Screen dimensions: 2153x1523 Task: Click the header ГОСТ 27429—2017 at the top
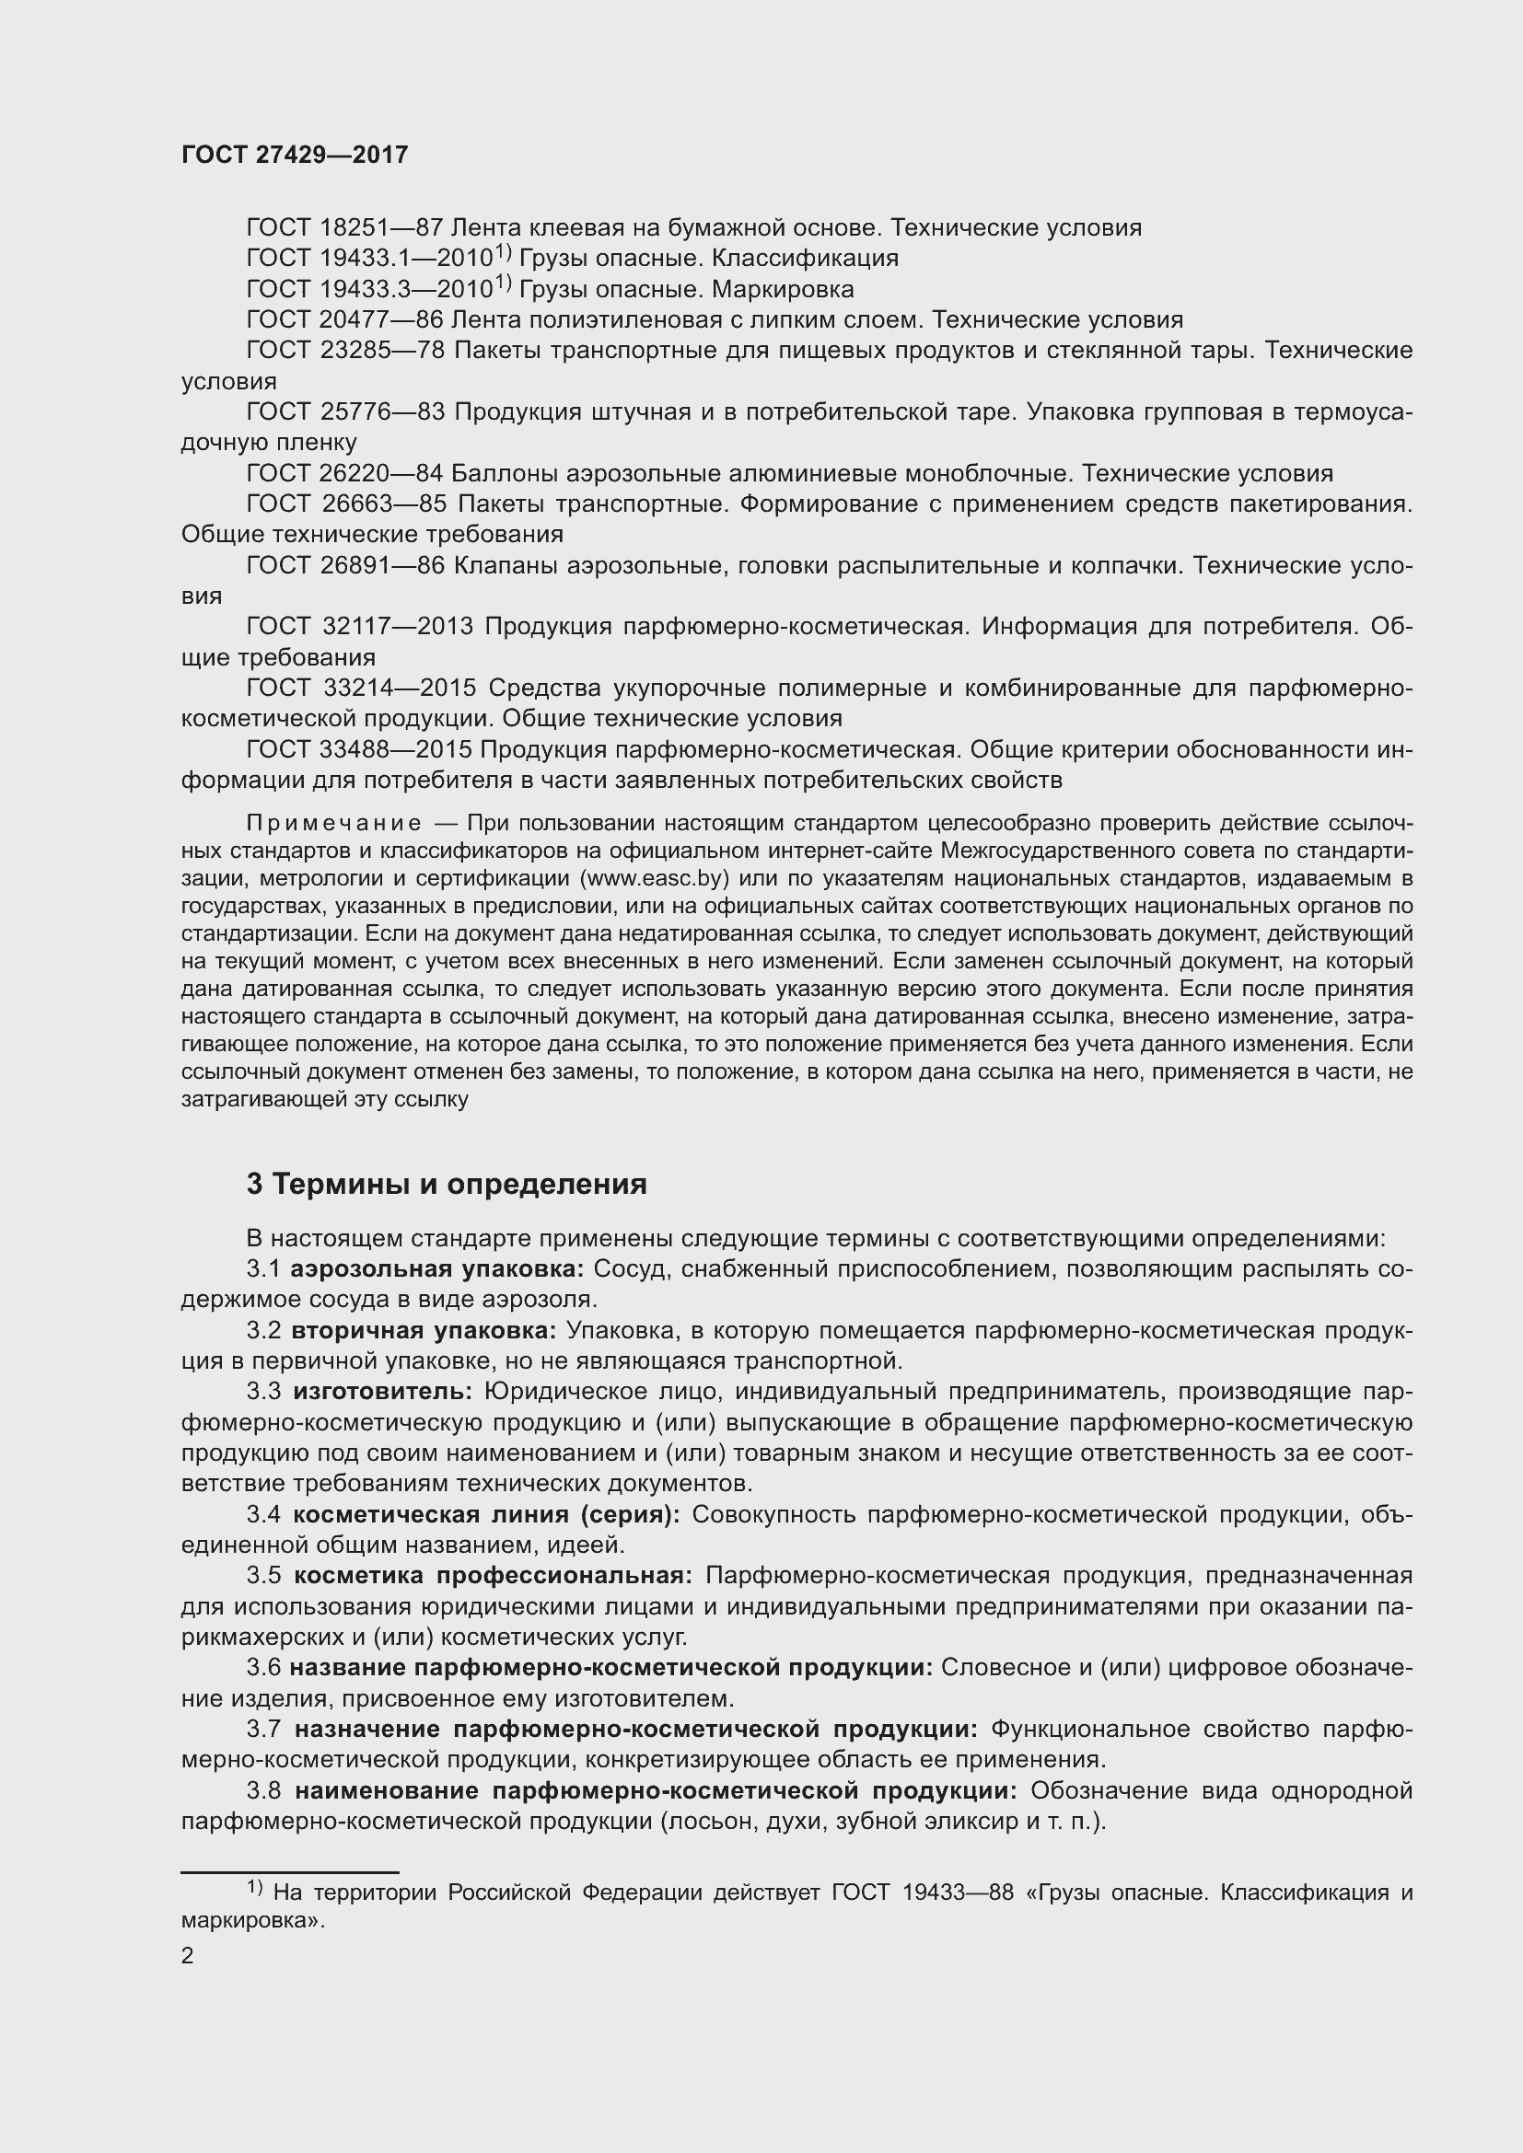coord(295,155)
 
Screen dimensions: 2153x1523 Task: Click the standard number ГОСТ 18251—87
coord(344,228)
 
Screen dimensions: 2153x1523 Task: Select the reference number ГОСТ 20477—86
coord(344,319)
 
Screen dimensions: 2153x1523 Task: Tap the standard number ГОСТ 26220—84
coord(344,473)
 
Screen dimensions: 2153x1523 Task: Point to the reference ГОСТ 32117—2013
coord(359,627)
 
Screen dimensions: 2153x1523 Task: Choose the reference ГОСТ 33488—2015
coord(359,749)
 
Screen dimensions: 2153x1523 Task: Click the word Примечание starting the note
coord(333,824)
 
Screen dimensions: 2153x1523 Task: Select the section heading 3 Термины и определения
coord(447,1185)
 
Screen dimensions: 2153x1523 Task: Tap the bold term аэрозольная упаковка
coord(437,1269)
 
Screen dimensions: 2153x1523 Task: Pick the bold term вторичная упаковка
coord(424,1331)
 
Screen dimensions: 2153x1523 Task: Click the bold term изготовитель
coord(382,1392)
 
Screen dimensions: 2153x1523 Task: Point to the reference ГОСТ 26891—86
coord(344,565)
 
